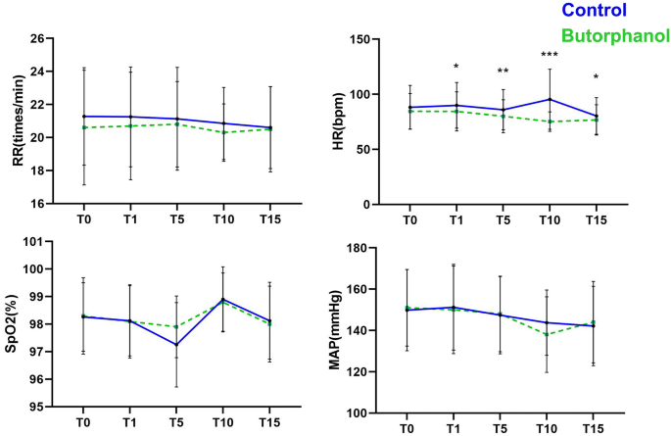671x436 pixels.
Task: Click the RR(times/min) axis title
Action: [18, 121]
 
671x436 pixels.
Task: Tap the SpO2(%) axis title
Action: [18, 323]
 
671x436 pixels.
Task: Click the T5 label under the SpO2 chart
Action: [176, 424]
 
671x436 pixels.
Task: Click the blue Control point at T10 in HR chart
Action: [550, 99]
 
